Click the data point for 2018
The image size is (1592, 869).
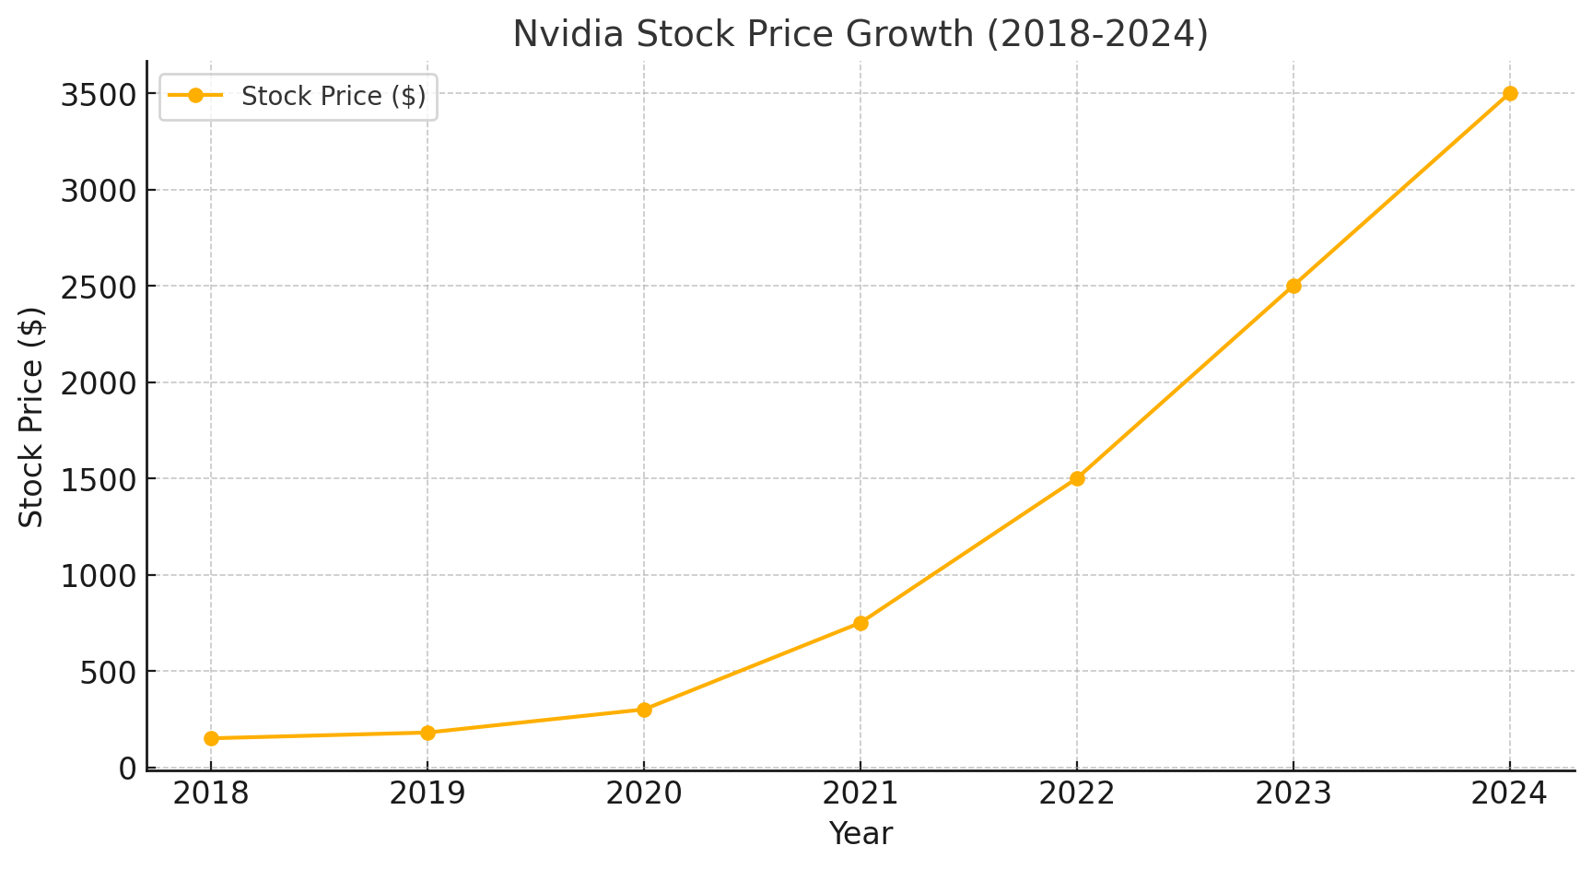(211, 738)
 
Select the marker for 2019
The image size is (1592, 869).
(427, 733)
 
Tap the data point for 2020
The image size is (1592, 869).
(644, 710)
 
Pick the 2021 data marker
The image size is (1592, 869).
(860, 623)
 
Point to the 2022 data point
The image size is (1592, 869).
(1077, 478)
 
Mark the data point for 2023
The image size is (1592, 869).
(1293, 286)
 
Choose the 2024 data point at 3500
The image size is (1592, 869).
(1510, 93)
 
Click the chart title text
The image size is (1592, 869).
(860, 34)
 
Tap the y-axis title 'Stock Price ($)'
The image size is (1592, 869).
(32, 417)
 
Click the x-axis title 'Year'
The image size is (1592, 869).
(860, 834)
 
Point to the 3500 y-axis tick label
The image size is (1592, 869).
(99, 94)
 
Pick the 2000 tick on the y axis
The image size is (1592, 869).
(99, 382)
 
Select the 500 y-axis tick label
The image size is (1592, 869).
(109, 672)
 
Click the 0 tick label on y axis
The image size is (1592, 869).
(128, 768)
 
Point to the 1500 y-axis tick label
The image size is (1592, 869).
(99, 479)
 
